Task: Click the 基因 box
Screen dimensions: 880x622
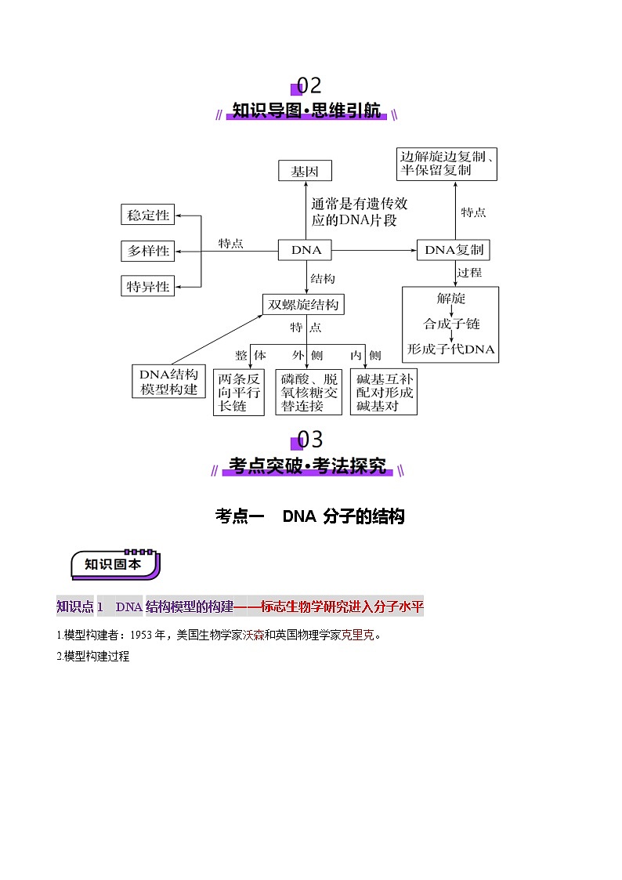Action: pos(305,172)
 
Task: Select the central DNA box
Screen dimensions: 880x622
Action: pos(306,251)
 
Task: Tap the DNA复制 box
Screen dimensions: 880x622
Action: pos(454,251)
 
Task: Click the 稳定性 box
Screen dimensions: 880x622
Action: pos(147,215)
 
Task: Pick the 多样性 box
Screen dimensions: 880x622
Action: pos(147,251)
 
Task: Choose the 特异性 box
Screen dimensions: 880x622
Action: pos(147,287)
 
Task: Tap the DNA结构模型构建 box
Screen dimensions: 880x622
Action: pos(168,382)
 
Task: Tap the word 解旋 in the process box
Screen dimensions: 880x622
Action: pos(450,299)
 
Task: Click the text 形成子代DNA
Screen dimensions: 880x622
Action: pos(450,349)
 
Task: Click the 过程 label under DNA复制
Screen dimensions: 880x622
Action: pos(469,273)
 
